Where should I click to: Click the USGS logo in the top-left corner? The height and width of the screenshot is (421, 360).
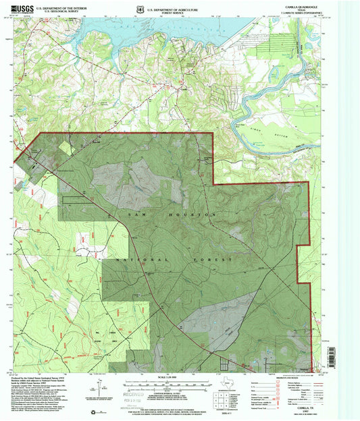(x=22, y=7)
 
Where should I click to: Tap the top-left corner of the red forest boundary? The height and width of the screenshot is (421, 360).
(x=41, y=133)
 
